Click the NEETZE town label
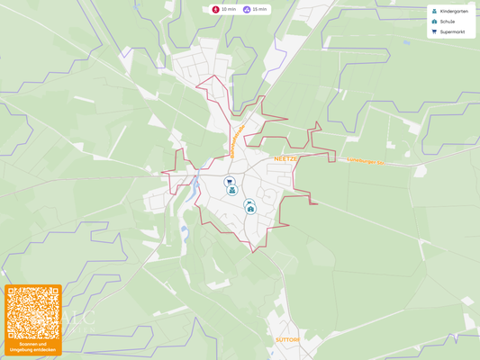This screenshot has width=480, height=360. point(285,158)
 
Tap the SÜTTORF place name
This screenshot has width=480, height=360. point(286,339)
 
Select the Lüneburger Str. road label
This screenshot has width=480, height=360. point(366,162)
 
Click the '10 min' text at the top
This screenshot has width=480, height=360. point(229,9)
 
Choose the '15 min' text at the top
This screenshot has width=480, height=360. point(259,9)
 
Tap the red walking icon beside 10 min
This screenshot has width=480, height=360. point(216,9)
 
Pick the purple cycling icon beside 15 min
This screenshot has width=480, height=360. point(247,9)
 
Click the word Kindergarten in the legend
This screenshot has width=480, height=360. point(454,11)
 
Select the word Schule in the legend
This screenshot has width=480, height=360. point(448,22)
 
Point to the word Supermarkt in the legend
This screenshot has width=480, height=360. point(452,31)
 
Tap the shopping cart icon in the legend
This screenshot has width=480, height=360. point(434,31)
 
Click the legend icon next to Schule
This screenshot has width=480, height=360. point(434,22)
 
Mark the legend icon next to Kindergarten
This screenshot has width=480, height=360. point(434,11)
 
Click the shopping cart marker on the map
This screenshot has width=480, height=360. point(229,181)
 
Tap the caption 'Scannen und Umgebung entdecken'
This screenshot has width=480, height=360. point(32,346)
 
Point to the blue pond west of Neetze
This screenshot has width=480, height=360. point(195,188)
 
